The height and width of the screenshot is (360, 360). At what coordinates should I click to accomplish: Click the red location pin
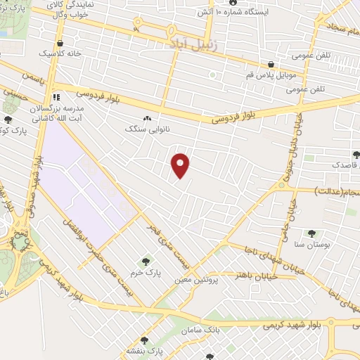point(181,165)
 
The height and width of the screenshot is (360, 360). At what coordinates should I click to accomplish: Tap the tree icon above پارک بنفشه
point(144,340)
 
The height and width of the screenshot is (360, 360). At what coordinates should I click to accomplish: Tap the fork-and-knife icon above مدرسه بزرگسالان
point(56,97)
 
